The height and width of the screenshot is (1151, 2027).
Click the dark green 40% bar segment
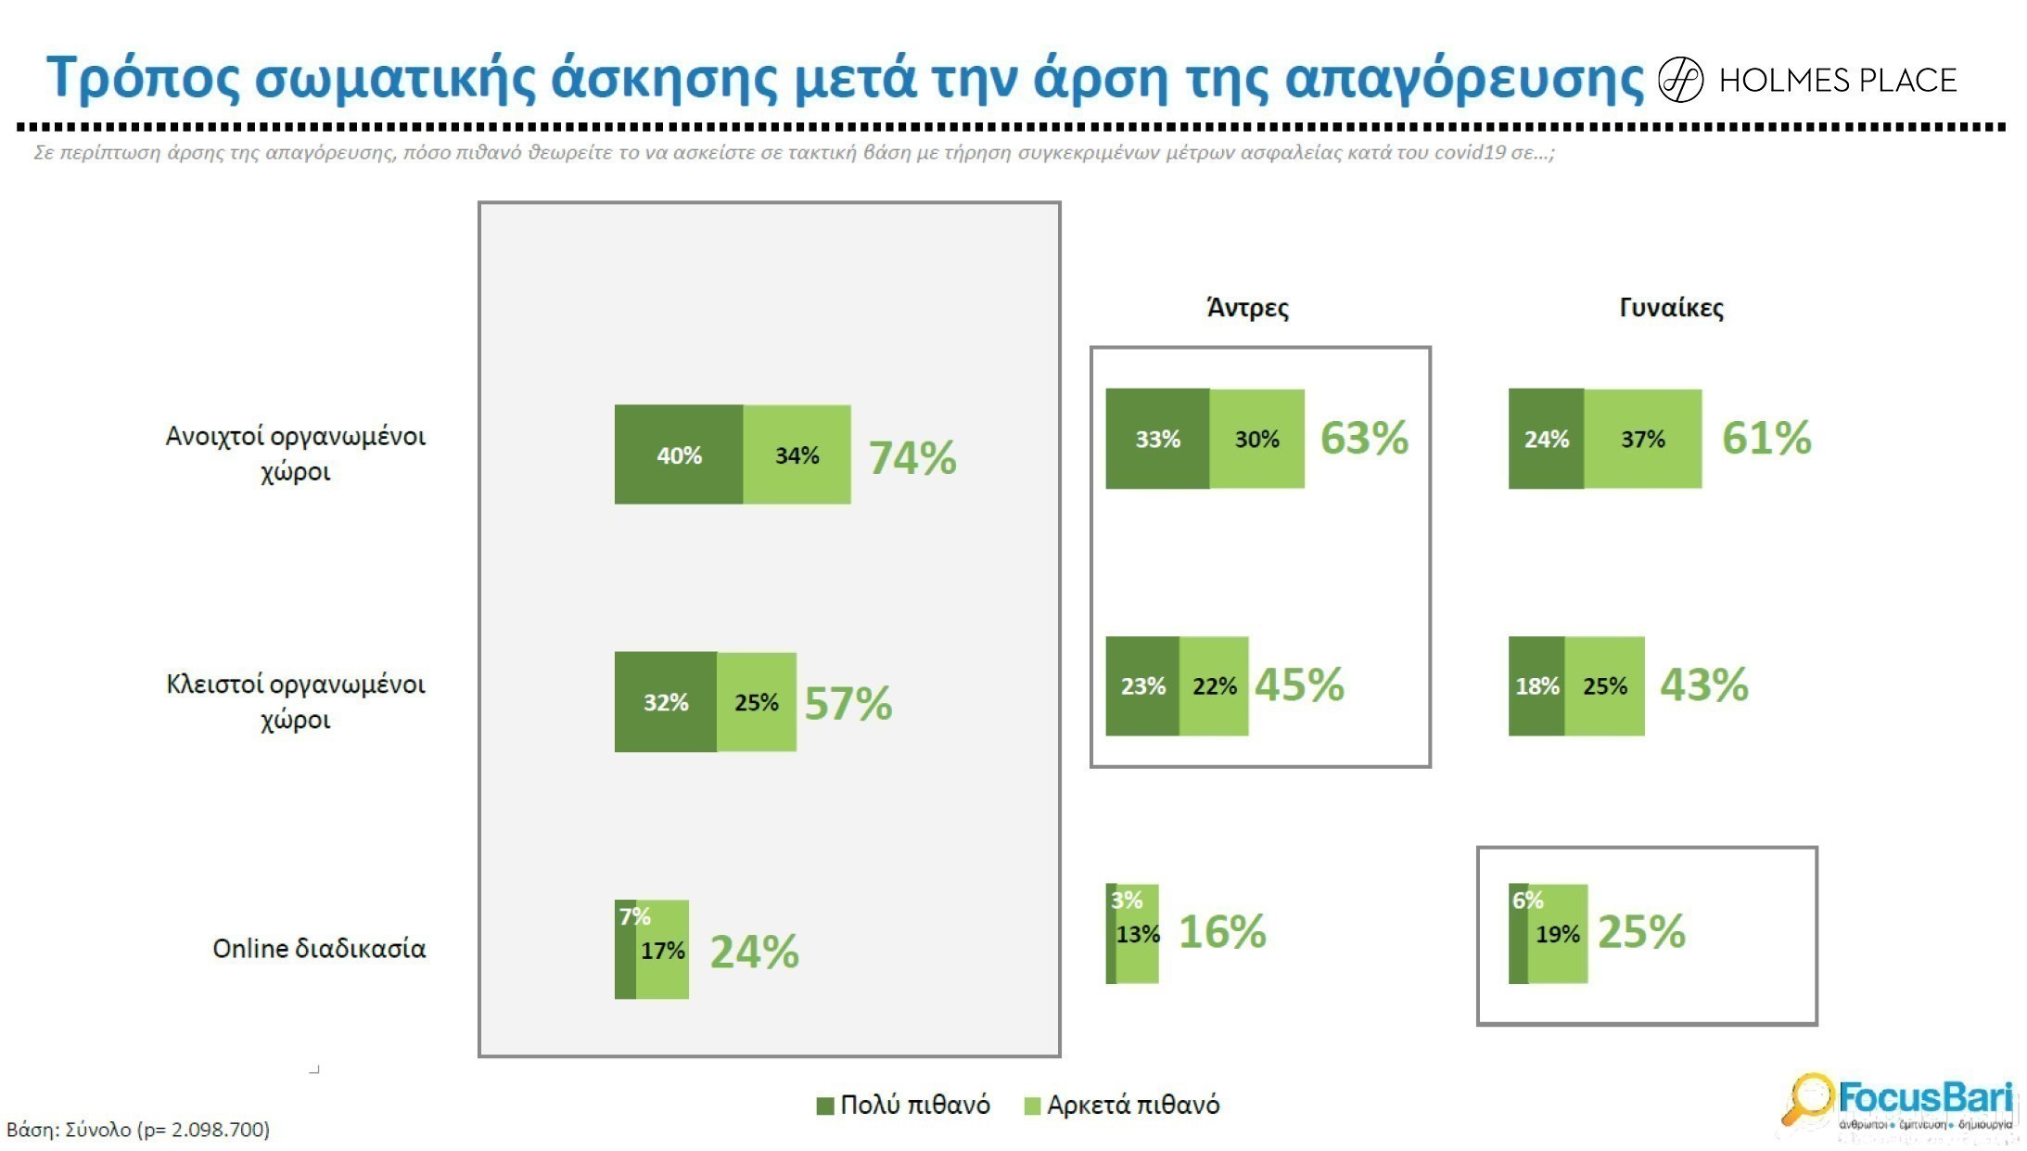coord(678,454)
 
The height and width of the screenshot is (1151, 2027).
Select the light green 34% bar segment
coord(797,454)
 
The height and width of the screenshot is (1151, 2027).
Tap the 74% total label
coord(912,457)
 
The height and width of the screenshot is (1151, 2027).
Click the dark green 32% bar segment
coord(665,702)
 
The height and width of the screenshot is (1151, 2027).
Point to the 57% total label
coord(848,703)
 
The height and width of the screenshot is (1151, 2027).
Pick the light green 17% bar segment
coord(663,950)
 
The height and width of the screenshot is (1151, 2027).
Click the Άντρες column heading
coord(1247,308)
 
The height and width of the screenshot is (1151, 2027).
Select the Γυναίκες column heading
coord(1671,308)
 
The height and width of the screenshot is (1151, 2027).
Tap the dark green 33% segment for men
coord(1157,439)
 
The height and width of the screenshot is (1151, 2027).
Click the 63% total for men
coord(1364,438)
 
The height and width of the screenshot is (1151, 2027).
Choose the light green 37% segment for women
coord(1642,439)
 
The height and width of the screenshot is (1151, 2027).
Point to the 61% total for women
coord(1766,438)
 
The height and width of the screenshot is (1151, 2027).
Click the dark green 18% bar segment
coord(1536,686)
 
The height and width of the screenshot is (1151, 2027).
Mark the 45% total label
coord(1299,685)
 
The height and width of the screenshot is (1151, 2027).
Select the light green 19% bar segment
coord(1558,934)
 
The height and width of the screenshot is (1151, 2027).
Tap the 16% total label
coord(1221,931)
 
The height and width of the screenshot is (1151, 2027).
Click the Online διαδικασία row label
coord(319,949)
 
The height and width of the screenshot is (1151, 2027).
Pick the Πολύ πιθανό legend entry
coord(904,1105)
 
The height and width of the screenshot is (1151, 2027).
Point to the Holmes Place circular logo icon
coord(1680,80)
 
